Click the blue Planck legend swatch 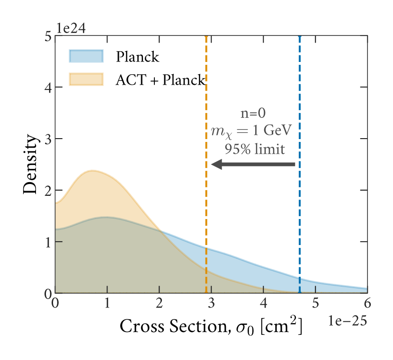[86, 56]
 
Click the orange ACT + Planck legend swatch [86, 79]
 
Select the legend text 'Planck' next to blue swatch [137, 57]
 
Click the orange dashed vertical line [206, 213]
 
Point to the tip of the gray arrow [213, 164]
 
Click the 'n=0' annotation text [254, 114]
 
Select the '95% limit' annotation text [255, 149]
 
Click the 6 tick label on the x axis [367, 303]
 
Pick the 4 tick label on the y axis [46, 87]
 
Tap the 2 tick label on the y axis [46, 190]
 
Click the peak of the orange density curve [91, 171]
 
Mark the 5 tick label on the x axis [315, 303]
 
